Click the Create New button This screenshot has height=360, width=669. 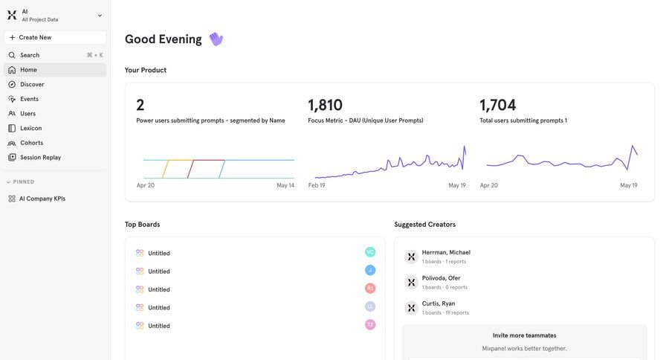tap(55, 37)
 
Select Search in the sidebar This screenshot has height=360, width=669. tap(30, 55)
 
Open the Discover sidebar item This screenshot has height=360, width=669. tap(32, 84)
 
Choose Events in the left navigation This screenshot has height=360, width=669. tap(29, 99)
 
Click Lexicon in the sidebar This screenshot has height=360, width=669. tap(30, 128)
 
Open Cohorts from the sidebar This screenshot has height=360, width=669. tap(31, 143)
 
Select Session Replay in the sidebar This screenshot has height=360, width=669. tap(40, 157)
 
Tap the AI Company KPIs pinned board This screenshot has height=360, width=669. tap(42, 199)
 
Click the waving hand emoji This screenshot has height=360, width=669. tap(216, 39)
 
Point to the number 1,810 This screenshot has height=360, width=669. tap(325, 105)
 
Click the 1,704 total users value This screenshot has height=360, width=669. tap(497, 105)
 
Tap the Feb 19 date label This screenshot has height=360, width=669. tap(317, 185)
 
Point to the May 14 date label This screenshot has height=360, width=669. tap(285, 185)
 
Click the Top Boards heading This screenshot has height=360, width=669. tap(142, 224)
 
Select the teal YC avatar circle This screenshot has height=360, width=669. tap(370, 252)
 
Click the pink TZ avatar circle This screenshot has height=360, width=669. tap(370, 325)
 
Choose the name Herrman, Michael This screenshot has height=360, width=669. tap(446, 252)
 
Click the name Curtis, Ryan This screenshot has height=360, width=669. tap(439, 303)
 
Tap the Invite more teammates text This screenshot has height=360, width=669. tap(524, 335)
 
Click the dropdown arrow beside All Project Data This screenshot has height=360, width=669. tap(100, 15)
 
